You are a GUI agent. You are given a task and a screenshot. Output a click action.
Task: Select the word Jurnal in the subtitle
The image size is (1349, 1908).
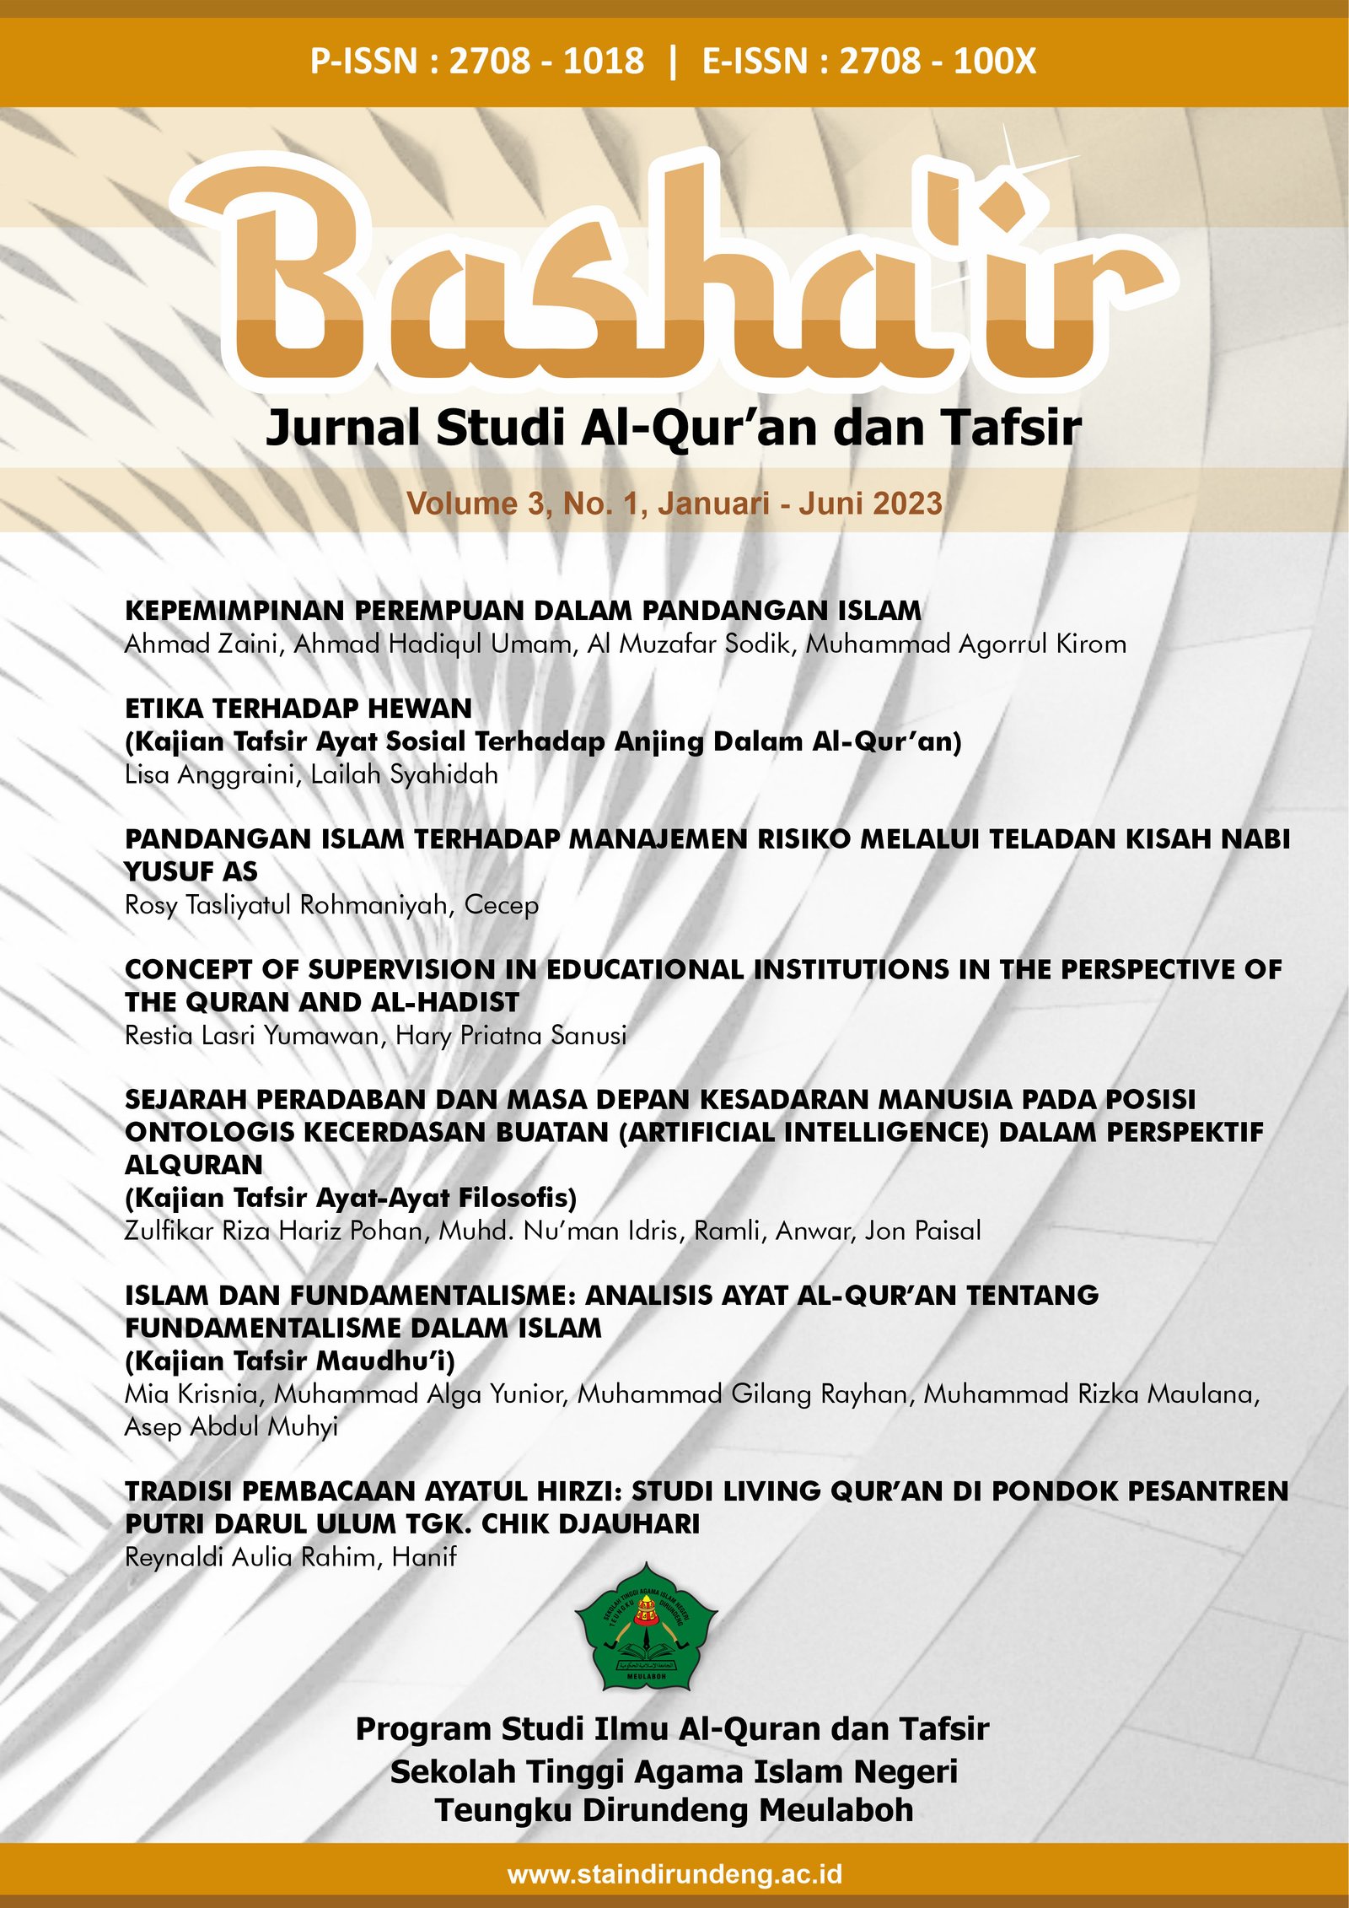pos(341,428)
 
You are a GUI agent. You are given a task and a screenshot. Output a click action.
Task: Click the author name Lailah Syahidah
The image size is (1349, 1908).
pos(404,774)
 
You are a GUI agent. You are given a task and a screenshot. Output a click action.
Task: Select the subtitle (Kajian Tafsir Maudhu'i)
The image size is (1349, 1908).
pos(289,1361)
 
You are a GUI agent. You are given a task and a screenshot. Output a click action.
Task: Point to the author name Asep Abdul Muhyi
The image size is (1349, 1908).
pos(231,1426)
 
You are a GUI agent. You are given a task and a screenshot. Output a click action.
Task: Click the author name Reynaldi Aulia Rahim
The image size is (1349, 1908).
pos(250,1556)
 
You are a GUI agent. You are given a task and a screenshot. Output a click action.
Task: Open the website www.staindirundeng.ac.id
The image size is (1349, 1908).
pos(674,1874)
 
